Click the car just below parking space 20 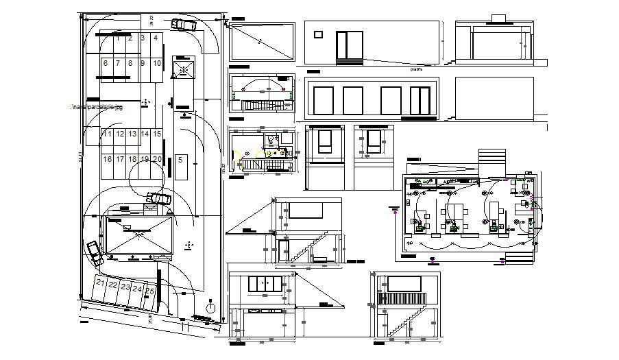(160, 199)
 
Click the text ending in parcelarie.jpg (97, 108)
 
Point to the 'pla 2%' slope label (415, 69)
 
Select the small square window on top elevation (317, 34)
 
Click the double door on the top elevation (349, 47)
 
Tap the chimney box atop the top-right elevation (498, 16)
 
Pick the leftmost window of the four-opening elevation (322, 100)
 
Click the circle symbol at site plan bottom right (211, 308)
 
